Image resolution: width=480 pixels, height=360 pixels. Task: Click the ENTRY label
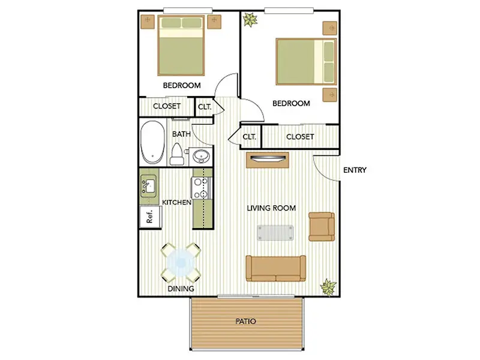tap(355, 170)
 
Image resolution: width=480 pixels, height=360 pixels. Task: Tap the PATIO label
tap(245, 322)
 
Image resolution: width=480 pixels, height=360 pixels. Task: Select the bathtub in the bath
tap(152, 142)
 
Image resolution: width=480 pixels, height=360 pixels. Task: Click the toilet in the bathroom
tap(177, 154)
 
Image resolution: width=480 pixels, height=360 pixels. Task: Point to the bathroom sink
tap(201, 157)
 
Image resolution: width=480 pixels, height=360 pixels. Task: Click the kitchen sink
tap(148, 186)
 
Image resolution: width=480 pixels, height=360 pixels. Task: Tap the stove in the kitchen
tap(201, 188)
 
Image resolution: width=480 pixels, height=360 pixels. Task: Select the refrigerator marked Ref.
tap(150, 217)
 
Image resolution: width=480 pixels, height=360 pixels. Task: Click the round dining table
tap(181, 263)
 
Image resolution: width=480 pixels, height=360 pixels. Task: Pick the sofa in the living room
tap(276, 268)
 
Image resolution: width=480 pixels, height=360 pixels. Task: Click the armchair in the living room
tap(322, 227)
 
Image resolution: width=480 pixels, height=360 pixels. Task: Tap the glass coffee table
tap(275, 233)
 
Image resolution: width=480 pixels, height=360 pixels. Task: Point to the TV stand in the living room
tap(268, 160)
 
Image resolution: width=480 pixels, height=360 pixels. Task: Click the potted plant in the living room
tap(328, 287)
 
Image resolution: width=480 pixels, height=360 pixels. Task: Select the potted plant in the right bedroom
tap(250, 20)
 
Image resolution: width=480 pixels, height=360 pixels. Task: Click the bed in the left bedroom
tap(181, 46)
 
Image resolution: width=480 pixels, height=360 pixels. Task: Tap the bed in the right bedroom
tap(306, 62)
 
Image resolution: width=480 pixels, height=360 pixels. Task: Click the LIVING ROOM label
tap(271, 208)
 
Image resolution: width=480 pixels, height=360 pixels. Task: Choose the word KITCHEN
tap(176, 202)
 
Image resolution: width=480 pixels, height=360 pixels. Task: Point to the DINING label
tap(181, 289)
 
